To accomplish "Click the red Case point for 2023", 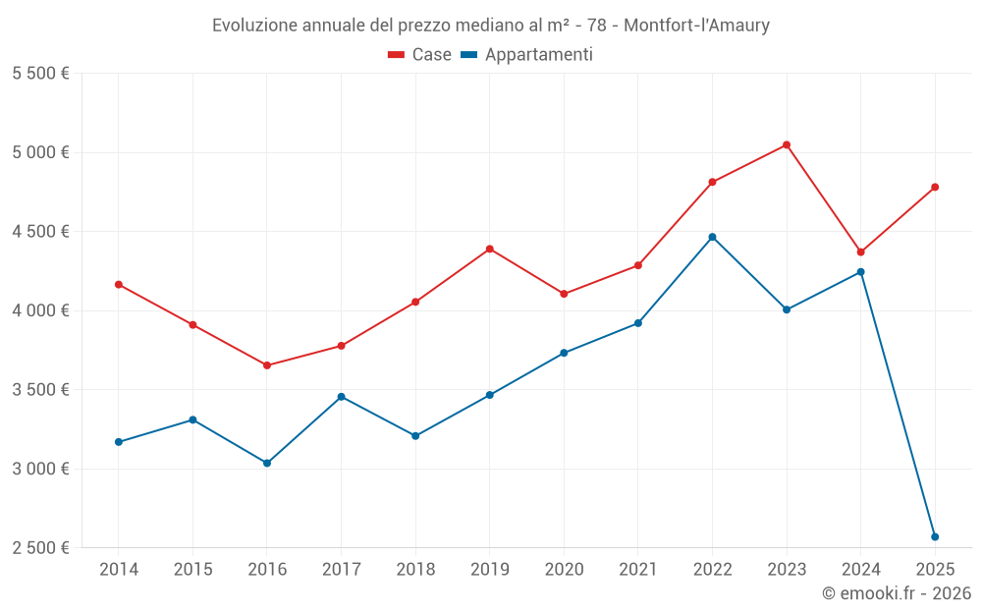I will (x=787, y=145).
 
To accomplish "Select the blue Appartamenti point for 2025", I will (x=935, y=536).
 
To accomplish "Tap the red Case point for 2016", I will (x=267, y=365).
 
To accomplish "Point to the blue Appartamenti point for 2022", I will (x=712, y=237).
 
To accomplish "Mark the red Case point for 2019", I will (x=490, y=249).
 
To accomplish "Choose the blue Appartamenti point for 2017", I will (x=341, y=397).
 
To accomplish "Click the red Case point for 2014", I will (x=119, y=284).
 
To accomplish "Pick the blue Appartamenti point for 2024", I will (x=861, y=272).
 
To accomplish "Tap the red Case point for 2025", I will (x=935, y=187).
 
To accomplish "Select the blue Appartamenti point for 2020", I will (x=564, y=353).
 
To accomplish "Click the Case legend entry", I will (x=420, y=55).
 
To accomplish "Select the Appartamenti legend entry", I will (x=527, y=55).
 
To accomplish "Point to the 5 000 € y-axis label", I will (x=40, y=152).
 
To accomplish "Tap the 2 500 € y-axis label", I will (x=40, y=548).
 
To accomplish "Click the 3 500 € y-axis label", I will (x=40, y=390).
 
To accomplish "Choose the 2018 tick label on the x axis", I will (x=415, y=570).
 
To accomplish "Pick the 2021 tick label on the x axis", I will (x=638, y=570).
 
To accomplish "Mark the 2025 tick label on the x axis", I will (x=935, y=570).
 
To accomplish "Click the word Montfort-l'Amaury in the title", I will (x=697, y=25).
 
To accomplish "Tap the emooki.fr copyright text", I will (x=897, y=593).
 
